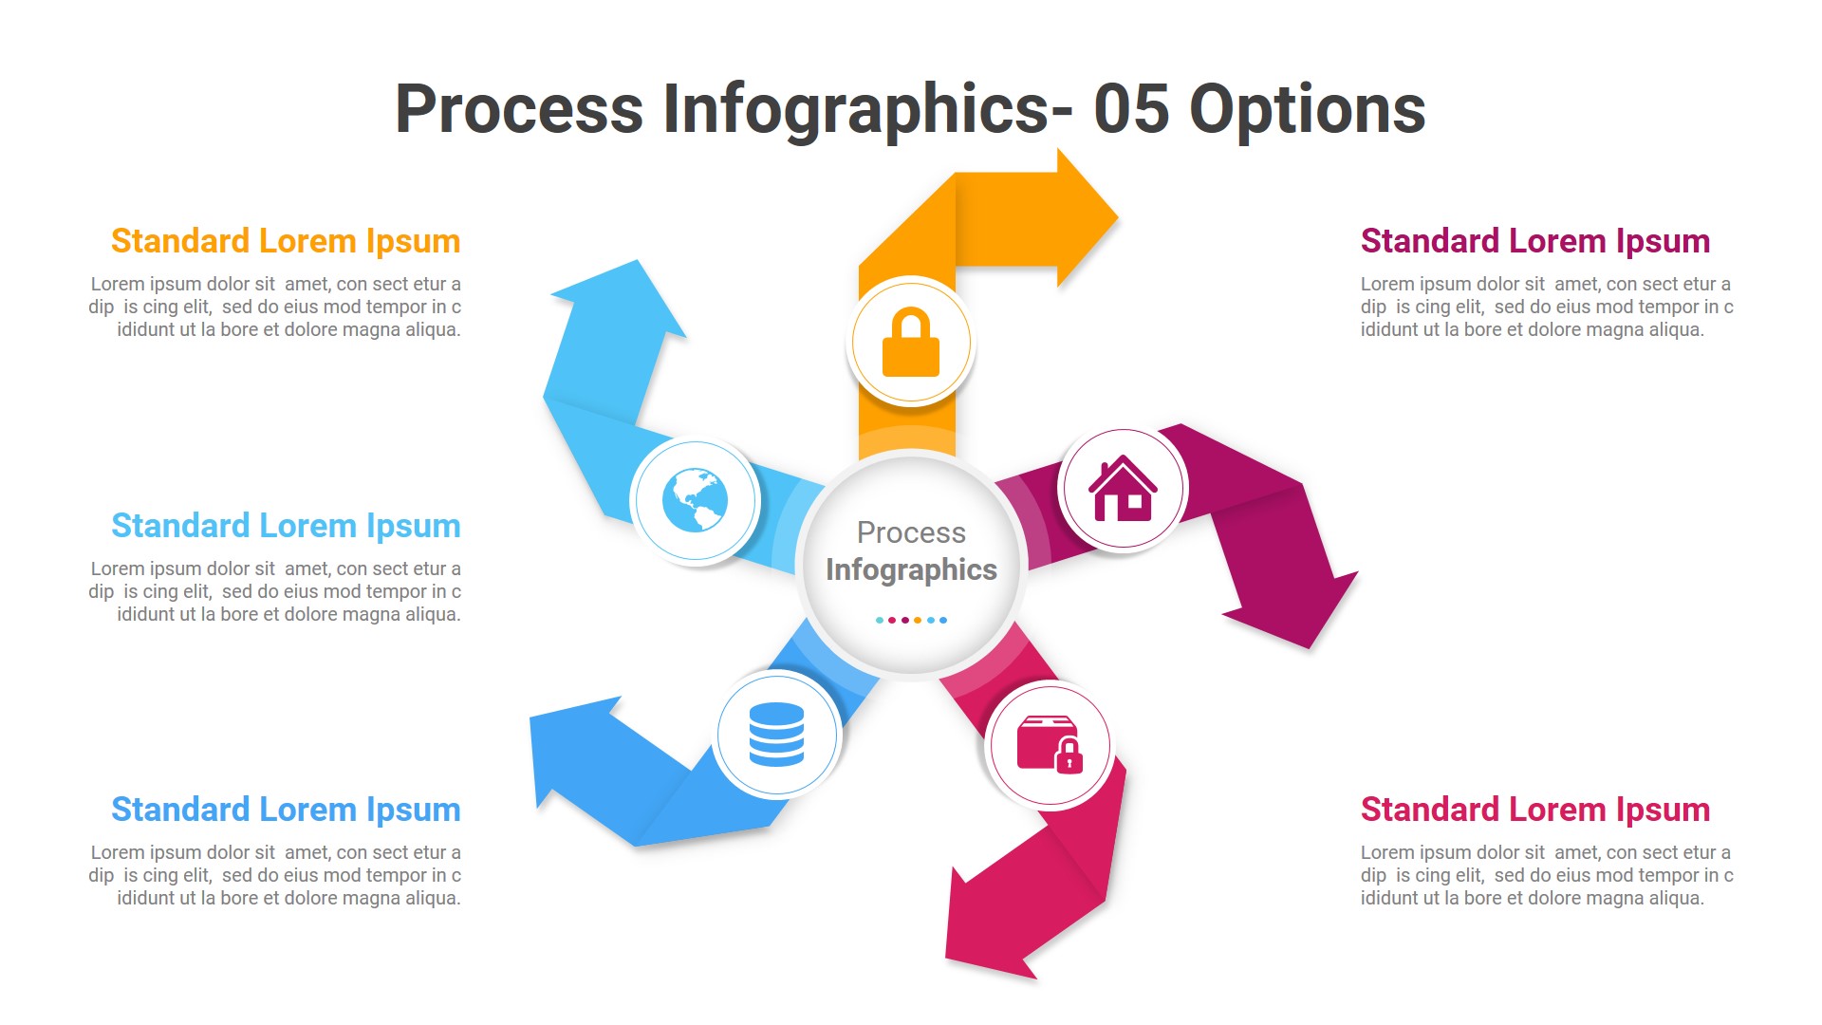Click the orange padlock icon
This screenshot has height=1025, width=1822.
pyautogui.click(x=911, y=343)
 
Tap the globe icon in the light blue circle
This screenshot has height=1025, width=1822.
pyautogui.click(x=696, y=500)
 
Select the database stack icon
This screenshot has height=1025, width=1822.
pyautogui.click(x=776, y=735)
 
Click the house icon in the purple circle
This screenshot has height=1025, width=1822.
pyautogui.click(x=1123, y=489)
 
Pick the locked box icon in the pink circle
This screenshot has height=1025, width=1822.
pyautogui.click(x=1050, y=744)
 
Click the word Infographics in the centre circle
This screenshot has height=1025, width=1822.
pyautogui.click(x=911, y=569)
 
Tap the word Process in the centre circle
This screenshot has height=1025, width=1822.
pyautogui.click(x=911, y=532)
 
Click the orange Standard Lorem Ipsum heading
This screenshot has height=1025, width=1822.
pyautogui.click(x=286, y=241)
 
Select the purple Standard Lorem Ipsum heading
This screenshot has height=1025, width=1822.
pyautogui.click(x=1534, y=241)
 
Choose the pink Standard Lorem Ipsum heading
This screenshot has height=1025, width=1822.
pyautogui.click(x=1534, y=810)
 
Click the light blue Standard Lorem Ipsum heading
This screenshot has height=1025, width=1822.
pyautogui.click(x=286, y=526)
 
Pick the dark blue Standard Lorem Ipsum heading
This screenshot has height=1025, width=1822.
pyautogui.click(x=286, y=810)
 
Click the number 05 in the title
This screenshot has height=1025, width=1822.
pyautogui.click(x=1130, y=109)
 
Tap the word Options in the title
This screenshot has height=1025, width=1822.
pyautogui.click(x=1307, y=109)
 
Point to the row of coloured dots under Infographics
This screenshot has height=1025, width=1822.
pyautogui.click(x=911, y=620)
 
